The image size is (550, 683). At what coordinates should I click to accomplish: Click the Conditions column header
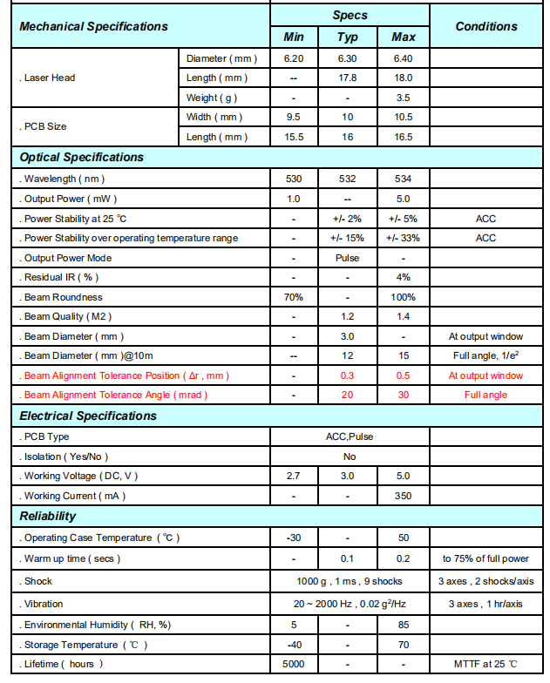click(x=485, y=26)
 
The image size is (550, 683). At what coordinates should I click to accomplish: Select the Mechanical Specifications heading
click(x=93, y=26)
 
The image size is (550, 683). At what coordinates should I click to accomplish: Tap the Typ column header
click(x=348, y=37)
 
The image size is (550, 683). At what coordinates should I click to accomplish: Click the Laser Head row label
click(x=49, y=78)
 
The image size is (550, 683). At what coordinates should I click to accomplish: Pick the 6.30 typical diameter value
click(x=348, y=57)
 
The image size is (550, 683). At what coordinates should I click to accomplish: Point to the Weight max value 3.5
click(x=403, y=98)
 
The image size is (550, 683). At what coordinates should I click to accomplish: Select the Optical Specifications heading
click(x=81, y=158)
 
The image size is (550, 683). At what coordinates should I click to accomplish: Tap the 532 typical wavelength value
click(x=348, y=179)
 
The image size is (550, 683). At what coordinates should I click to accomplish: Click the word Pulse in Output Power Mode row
click(x=348, y=258)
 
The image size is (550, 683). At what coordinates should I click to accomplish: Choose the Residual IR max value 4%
click(x=403, y=278)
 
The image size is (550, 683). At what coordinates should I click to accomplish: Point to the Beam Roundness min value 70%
click(x=294, y=297)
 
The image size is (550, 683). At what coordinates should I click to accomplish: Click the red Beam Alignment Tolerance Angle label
click(x=115, y=395)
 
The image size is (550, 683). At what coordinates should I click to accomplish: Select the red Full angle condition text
click(x=485, y=395)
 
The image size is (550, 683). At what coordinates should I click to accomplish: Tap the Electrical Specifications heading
click(x=88, y=416)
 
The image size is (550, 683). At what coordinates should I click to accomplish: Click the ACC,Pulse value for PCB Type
click(x=348, y=436)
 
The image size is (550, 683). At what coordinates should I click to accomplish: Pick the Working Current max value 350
click(x=403, y=496)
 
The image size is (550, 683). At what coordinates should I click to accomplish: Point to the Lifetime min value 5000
click(x=294, y=664)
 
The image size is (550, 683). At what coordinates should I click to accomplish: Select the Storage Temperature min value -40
click(x=294, y=645)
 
